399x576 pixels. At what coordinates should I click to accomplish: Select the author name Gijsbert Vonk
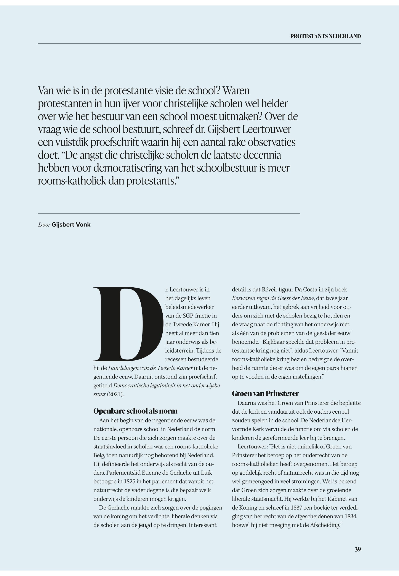(x=71, y=225)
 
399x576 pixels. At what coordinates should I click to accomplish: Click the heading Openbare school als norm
(x=135, y=411)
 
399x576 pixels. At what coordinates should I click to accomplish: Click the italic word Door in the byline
(x=44, y=225)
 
